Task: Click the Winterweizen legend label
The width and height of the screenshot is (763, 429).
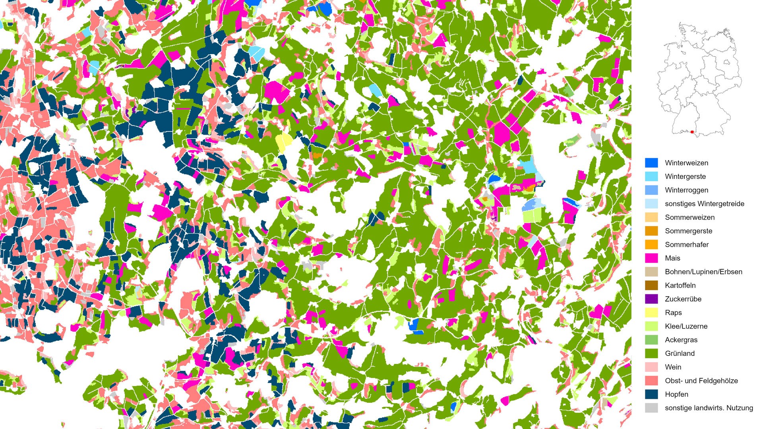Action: point(686,163)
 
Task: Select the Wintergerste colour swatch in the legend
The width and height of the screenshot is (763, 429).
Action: point(651,176)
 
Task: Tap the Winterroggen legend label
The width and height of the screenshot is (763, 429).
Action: point(686,190)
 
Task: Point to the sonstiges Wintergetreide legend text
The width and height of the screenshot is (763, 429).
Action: point(704,204)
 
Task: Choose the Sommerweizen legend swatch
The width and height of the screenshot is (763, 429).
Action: point(651,217)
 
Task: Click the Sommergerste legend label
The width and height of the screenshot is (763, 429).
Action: point(688,231)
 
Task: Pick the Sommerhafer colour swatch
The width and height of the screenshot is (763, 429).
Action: point(651,244)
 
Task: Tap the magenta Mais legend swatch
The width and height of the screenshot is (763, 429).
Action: point(651,258)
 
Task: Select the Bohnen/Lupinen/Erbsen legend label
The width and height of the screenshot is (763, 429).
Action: point(703,272)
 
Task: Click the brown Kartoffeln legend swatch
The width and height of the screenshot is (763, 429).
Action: point(651,285)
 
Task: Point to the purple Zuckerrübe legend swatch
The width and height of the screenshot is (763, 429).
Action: point(651,299)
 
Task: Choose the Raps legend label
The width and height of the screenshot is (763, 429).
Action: point(673,313)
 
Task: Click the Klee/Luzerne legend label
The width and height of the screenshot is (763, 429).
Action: point(686,326)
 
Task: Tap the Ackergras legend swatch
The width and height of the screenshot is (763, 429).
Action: point(651,340)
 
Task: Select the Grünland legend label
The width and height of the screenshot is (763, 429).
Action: point(680,354)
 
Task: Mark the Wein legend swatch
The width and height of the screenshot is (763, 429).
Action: point(651,367)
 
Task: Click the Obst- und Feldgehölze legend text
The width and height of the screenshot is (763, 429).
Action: point(701,381)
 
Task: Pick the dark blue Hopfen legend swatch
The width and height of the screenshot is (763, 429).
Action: point(651,394)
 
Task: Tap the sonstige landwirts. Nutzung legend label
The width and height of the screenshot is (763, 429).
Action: point(709,408)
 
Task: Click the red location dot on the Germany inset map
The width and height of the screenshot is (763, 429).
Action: point(692,132)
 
